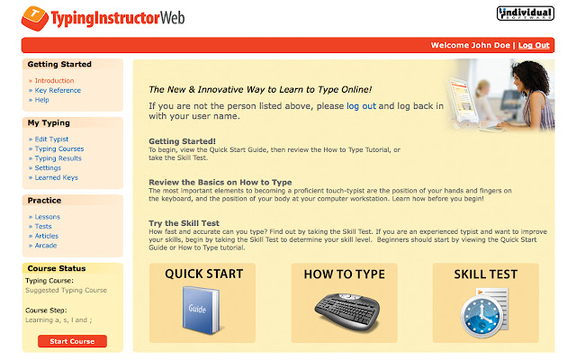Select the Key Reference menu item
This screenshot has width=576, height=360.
[x=58, y=90]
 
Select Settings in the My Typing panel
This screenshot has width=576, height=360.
[x=49, y=168]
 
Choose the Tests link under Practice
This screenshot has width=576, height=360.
[x=45, y=227]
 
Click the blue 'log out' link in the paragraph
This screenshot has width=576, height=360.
[x=361, y=105]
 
